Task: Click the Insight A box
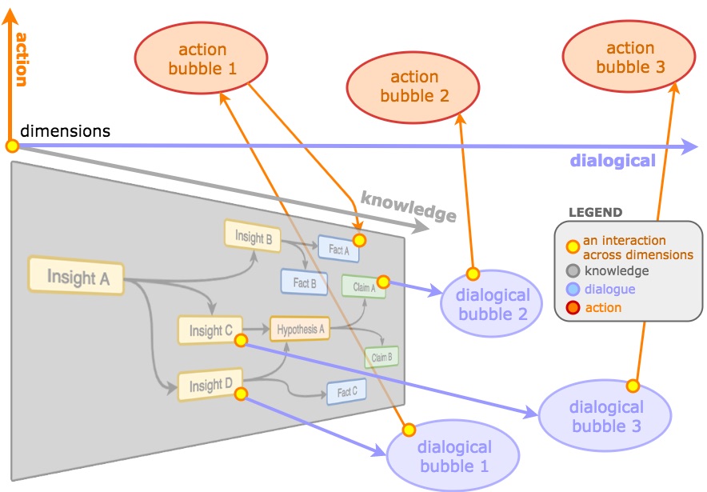tap(77, 277)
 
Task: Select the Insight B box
tap(253, 236)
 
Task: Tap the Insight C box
tap(210, 330)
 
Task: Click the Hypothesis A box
tap(300, 327)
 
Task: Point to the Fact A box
tap(338, 250)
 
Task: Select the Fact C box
tap(346, 392)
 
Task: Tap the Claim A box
tap(363, 287)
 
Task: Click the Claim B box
tap(381, 357)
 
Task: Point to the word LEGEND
tap(595, 213)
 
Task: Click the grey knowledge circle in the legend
tap(572, 271)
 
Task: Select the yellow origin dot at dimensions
tap(12, 146)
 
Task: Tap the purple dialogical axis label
tap(613, 160)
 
